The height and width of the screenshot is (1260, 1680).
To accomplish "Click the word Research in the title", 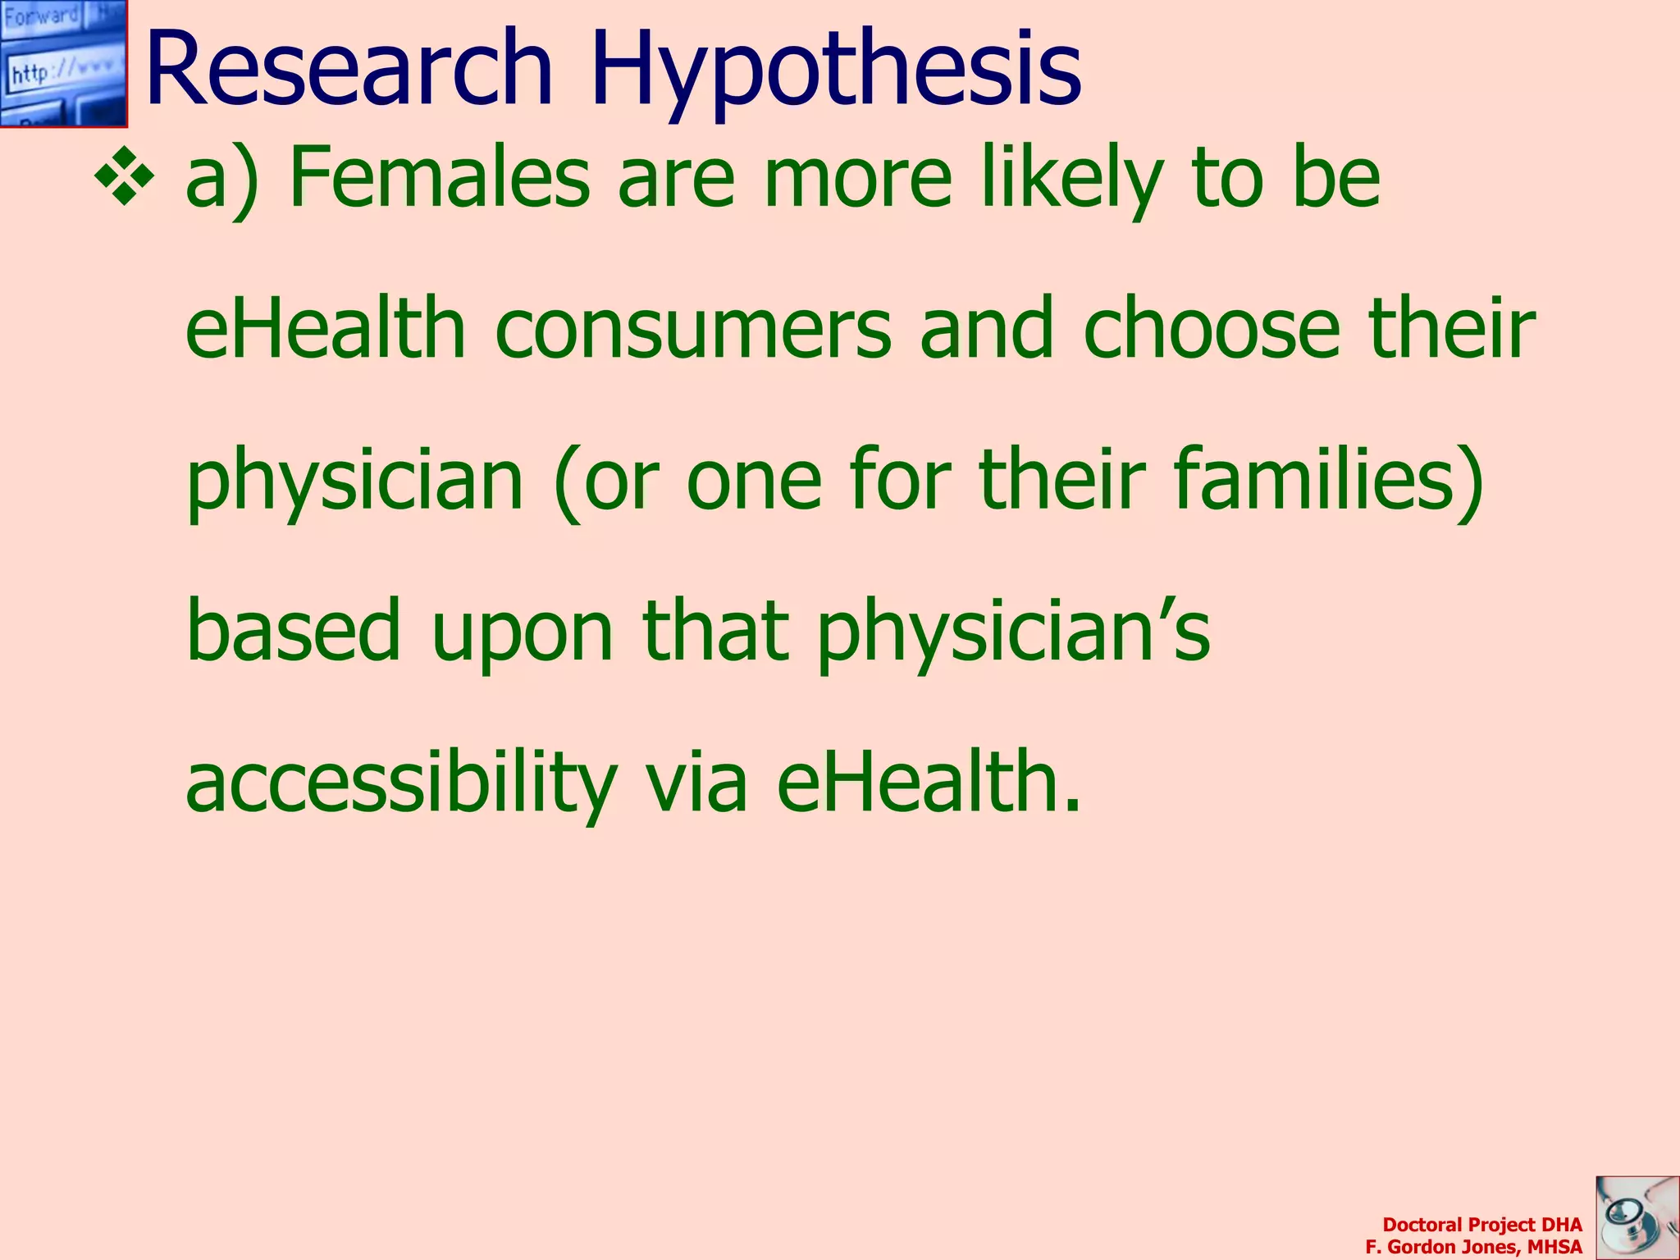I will click(349, 70).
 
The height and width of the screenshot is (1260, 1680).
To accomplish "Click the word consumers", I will click(693, 330).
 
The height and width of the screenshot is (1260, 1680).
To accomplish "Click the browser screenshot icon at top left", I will click(63, 63).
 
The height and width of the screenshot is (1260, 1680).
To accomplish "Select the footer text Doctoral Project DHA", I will click(1481, 1225).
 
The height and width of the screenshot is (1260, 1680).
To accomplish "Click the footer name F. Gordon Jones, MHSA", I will click(1473, 1247).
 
